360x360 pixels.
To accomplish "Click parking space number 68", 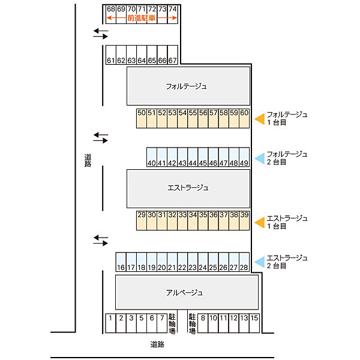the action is point(111,14).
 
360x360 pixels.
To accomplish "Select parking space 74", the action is point(173,14).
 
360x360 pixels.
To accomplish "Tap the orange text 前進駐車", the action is point(142,18).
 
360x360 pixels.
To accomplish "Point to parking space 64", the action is point(142,55).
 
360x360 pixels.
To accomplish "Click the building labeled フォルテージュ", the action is point(188,86).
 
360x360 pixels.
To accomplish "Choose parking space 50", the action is point(142,118).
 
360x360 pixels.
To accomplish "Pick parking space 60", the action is point(244,118).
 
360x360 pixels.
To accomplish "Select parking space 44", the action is point(193,157).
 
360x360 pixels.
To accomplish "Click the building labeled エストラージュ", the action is point(188,189).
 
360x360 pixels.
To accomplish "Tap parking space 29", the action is point(142,220).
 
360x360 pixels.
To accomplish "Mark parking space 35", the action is point(203,220).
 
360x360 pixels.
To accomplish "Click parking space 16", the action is point(121,262).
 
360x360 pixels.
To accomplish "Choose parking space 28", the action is point(244,262).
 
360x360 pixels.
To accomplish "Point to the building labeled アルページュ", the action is point(187,292).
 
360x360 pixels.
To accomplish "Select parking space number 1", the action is point(110,323).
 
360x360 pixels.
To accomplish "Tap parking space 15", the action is point(254,323).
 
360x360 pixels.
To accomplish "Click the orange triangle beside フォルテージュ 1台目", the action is point(261,119).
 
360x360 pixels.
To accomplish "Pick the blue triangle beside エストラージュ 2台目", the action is point(261,262).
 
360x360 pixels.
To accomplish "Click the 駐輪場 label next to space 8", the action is point(193,324).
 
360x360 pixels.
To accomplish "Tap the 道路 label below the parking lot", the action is point(157,344).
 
